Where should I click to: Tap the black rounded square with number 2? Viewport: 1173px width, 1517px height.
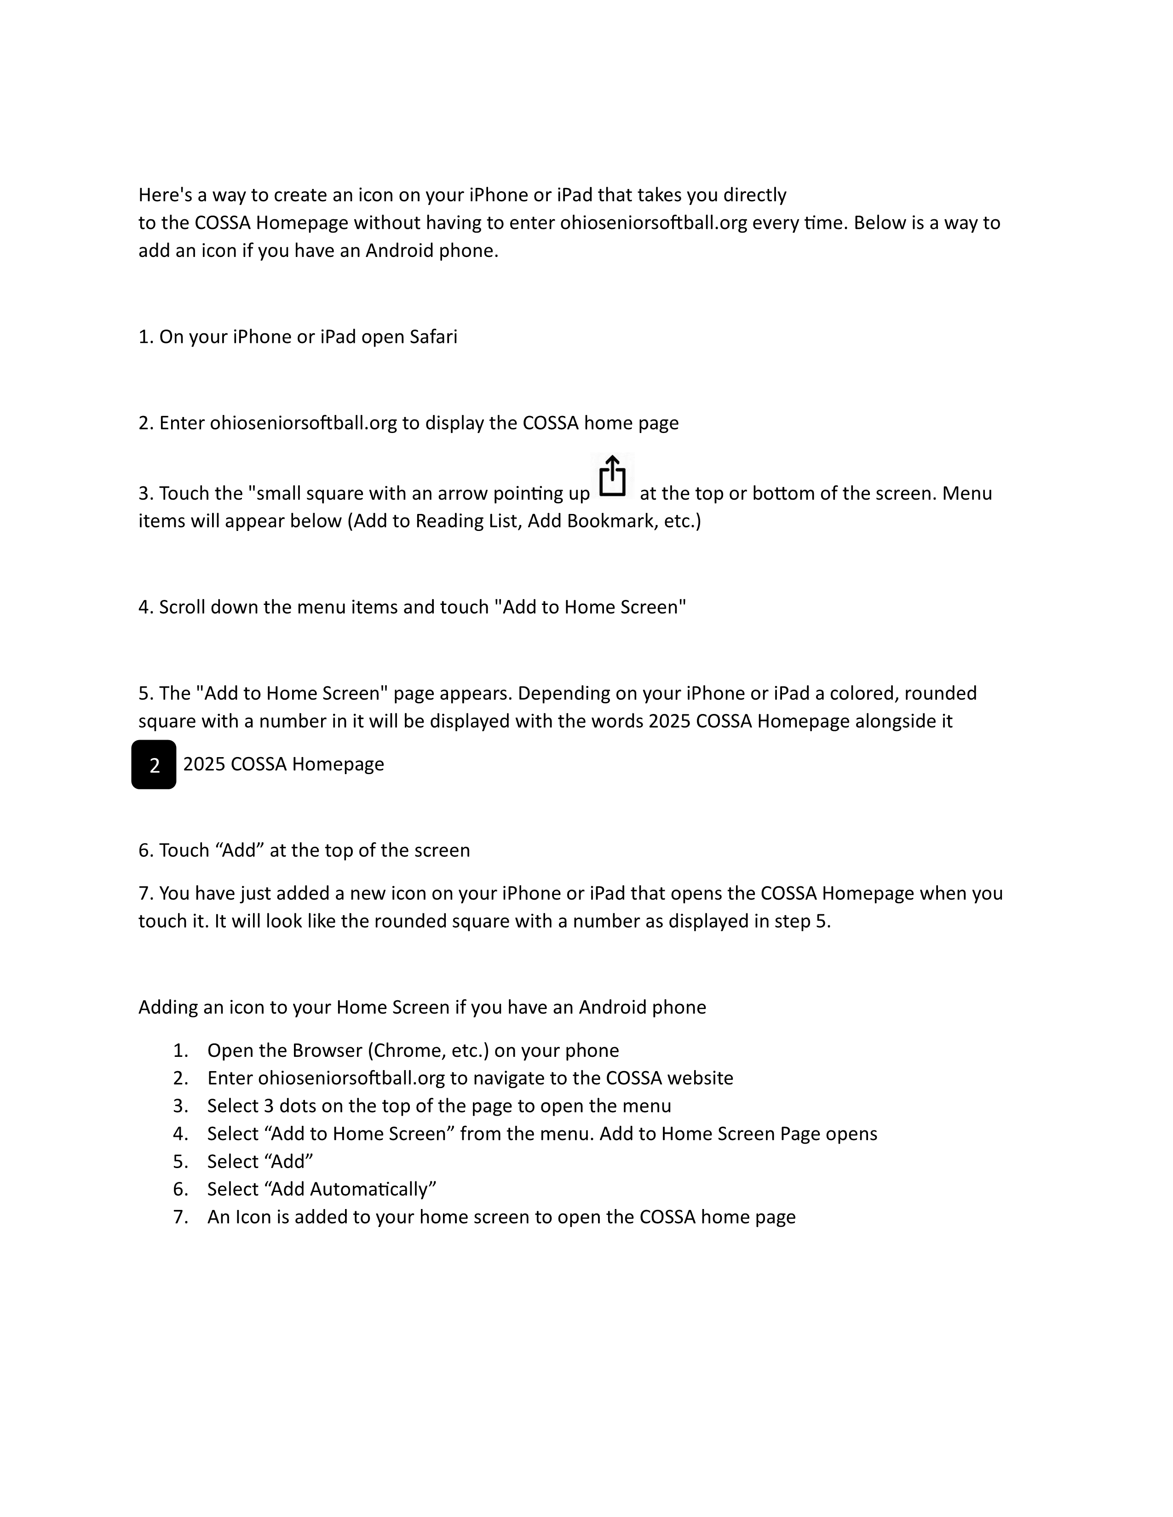[154, 765]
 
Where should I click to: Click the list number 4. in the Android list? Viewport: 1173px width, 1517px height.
[181, 1134]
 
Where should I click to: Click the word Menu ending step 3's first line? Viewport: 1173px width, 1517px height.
[967, 493]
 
